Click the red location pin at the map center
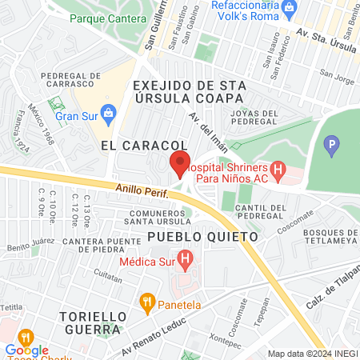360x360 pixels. click(x=180, y=163)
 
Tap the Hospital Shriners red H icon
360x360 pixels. click(x=278, y=170)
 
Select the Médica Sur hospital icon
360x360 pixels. click(x=186, y=260)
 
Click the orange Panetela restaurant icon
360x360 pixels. click(x=146, y=302)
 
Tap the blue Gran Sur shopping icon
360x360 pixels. click(x=107, y=111)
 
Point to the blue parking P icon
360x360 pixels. click(x=331, y=146)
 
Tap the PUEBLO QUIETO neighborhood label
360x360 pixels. click(x=203, y=238)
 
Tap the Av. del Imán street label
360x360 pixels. click(x=204, y=127)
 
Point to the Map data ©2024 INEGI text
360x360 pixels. click(x=311, y=354)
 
